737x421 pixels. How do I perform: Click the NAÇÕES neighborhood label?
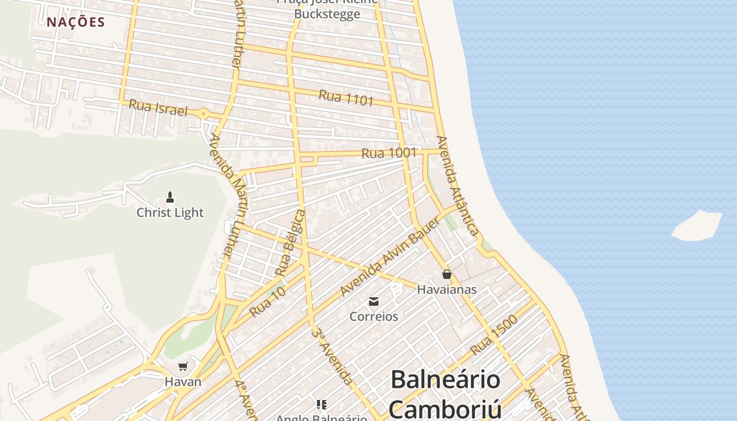coord(76,22)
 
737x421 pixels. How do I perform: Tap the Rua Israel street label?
coord(158,108)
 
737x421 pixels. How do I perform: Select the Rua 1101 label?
coord(346,97)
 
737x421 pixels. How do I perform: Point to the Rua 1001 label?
coord(389,153)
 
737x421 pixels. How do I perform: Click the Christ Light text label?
coord(170,213)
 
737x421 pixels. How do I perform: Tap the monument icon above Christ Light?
coord(170,197)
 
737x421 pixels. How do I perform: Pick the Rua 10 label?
coord(267,302)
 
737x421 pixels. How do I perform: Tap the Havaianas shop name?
coord(446,289)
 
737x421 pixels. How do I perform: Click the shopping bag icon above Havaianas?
coord(446,274)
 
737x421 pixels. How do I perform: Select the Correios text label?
coord(374,317)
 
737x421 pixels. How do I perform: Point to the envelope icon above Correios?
coord(374,302)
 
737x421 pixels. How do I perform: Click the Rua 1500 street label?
coord(494,335)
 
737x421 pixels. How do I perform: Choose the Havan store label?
coord(183,382)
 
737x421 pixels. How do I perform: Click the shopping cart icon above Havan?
coord(183,366)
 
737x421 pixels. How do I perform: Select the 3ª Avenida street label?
coord(332,355)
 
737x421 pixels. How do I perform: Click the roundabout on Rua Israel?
coord(203,113)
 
